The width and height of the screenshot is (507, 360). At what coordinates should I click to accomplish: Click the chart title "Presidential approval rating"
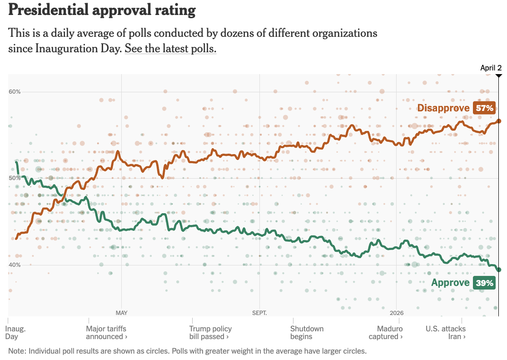tap(102, 10)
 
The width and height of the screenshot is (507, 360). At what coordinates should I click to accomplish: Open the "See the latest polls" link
tap(170, 49)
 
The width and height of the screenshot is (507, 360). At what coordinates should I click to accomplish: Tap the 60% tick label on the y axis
tap(15, 92)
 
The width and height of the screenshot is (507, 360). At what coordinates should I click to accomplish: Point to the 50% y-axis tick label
tap(15, 178)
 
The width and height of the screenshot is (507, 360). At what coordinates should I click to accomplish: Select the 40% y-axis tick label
tap(15, 265)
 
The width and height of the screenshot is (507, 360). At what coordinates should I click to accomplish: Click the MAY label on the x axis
tap(121, 313)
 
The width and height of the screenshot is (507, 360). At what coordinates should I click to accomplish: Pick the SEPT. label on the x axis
tap(259, 313)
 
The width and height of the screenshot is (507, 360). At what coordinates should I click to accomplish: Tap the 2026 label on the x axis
tap(397, 313)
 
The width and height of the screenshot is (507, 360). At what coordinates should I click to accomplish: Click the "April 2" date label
tap(491, 68)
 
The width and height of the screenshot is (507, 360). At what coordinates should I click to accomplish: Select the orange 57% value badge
tap(484, 108)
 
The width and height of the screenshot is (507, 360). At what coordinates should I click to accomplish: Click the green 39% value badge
tap(484, 283)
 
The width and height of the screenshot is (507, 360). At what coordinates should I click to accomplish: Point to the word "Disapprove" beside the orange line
tap(443, 108)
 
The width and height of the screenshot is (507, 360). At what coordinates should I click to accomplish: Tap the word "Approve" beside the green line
tap(450, 283)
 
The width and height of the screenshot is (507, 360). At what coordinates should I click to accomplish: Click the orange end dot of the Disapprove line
tap(498, 121)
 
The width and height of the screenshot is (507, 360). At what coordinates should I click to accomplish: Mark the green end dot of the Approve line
tap(498, 270)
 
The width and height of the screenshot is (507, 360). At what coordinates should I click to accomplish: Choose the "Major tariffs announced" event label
tap(106, 333)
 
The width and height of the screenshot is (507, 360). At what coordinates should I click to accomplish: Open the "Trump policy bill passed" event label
tap(210, 333)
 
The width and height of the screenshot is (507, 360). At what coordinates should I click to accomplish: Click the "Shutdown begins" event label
tap(307, 333)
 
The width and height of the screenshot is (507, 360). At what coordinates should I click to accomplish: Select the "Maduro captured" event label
tap(390, 333)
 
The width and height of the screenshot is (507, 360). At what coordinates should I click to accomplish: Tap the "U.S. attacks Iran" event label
tap(446, 333)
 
